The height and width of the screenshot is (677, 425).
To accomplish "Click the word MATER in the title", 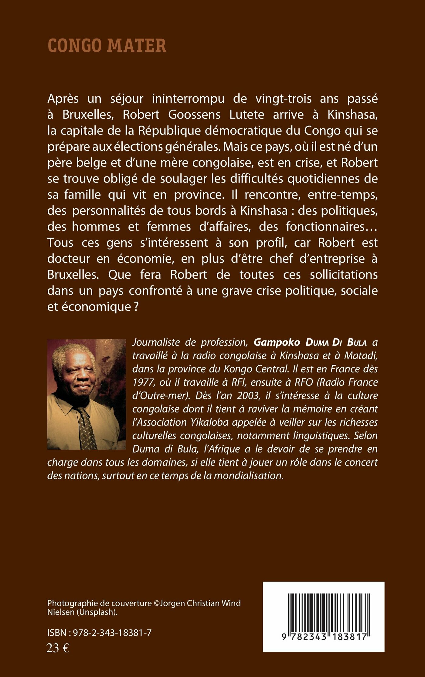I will [137, 45].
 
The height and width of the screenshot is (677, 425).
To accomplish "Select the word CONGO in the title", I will [74, 45].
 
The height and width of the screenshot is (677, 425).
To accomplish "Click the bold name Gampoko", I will [277, 342].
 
